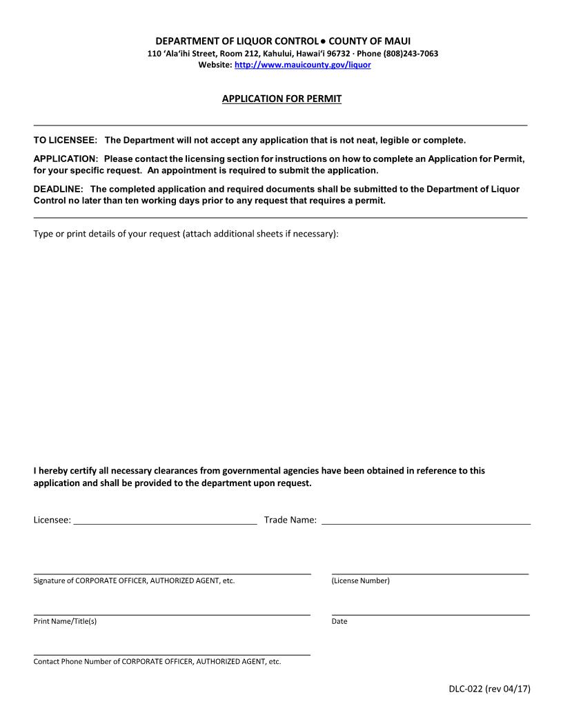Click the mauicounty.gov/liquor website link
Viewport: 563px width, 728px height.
coord(302,65)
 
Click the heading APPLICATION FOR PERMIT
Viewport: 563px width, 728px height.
coord(281,99)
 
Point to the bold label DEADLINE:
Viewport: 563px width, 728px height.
coord(59,189)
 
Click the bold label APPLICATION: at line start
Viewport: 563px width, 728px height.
coord(66,159)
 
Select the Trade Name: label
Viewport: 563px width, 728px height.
coord(290,520)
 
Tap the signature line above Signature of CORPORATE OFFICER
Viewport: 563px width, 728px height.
coord(172,573)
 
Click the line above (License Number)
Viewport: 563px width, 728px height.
coord(430,573)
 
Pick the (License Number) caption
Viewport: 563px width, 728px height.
coord(360,581)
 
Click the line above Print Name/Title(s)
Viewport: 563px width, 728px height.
coord(172,614)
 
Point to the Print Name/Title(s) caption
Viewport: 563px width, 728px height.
coord(65,622)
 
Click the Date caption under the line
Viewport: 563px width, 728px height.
coord(339,622)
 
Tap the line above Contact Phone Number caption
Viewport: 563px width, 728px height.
coord(172,654)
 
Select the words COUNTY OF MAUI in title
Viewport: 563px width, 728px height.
coord(369,41)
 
